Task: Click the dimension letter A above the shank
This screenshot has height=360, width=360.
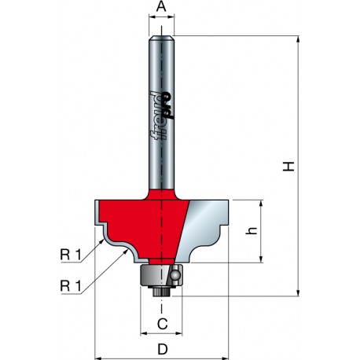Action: pyautogui.click(x=161, y=6)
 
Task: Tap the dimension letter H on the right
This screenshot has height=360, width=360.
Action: pyautogui.click(x=288, y=167)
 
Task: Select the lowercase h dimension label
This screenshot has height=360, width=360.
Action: pyautogui.click(x=252, y=230)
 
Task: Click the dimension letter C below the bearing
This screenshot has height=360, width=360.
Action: pyautogui.click(x=163, y=324)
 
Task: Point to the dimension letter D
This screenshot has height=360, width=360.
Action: pyautogui.click(x=163, y=349)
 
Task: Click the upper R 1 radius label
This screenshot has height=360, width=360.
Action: pyautogui.click(x=71, y=255)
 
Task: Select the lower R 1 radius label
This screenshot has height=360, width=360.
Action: pyautogui.click(x=71, y=286)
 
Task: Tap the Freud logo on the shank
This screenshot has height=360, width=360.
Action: pyautogui.click(x=162, y=116)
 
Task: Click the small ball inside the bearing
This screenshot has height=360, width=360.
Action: pyautogui.click(x=174, y=275)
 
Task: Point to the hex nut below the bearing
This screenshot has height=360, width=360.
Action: pyautogui.click(x=161, y=292)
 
